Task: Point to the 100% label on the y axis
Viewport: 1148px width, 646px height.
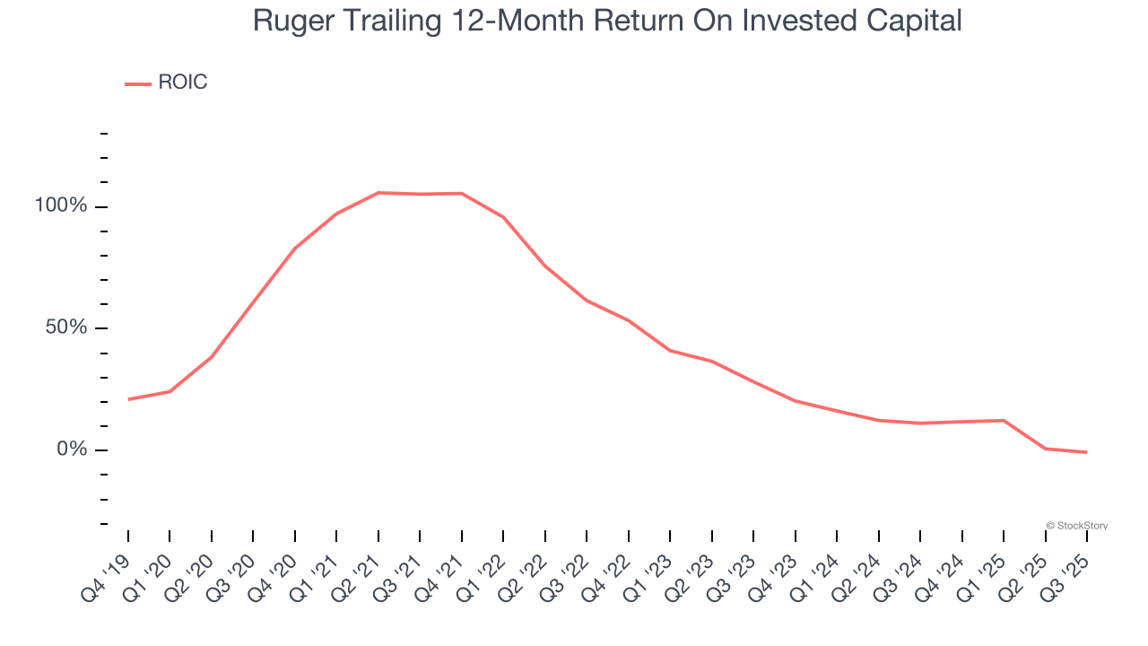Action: point(61,206)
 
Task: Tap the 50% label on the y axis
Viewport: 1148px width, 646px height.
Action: point(66,327)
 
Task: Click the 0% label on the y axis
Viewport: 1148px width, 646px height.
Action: point(72,449)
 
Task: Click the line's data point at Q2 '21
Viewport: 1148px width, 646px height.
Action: point(378,193)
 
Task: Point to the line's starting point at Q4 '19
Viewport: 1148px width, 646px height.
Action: point(128,399)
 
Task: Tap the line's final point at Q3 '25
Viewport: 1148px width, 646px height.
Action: point(1086,452)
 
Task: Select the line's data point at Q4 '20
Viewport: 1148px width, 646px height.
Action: point(295,248)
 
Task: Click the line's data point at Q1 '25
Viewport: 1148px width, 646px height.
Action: point(1004,420)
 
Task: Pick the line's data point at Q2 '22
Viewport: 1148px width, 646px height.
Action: point(545,266)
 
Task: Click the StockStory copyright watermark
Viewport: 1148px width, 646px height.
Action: point(1076,526)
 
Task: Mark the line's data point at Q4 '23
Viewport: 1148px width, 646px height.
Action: point(796,400)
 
